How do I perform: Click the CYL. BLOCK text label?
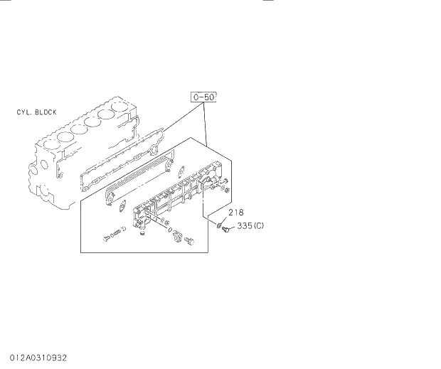[x=37, y=112]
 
